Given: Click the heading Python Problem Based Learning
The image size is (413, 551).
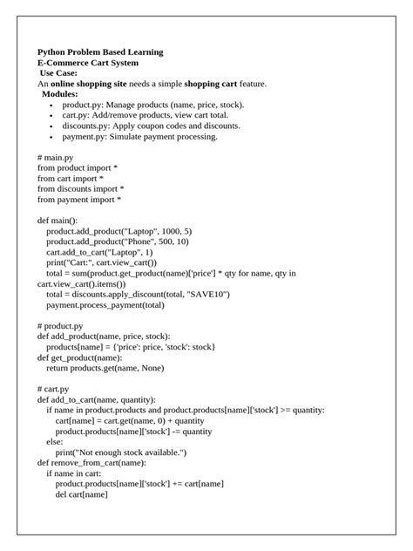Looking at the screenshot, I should coord(100,52).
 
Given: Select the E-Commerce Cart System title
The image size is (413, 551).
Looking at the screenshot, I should coord(87,63).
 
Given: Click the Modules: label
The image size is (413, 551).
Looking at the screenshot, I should coord(60,94).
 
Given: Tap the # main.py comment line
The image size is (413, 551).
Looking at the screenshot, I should coord(57,157).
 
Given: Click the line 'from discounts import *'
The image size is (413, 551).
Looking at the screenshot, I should coord(80,188).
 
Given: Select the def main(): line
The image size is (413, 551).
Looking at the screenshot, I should coord(58,221).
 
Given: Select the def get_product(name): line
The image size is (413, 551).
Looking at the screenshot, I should coord(80,357).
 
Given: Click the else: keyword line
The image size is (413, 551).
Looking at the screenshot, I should coord(55,442).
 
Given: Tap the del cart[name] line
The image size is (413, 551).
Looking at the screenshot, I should coord(81,494).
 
